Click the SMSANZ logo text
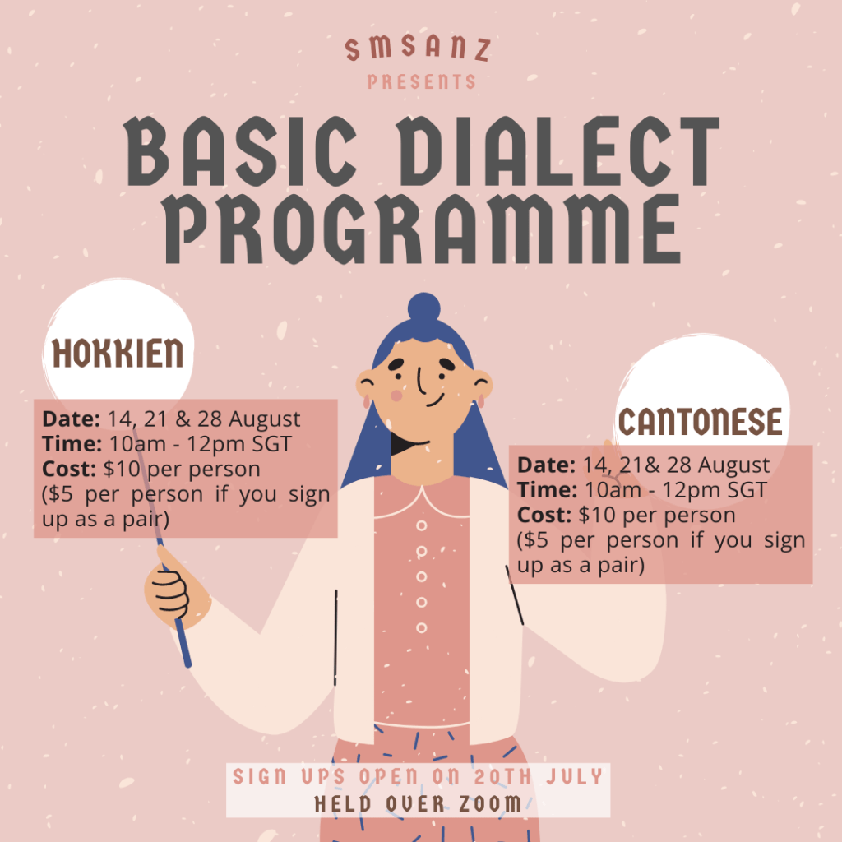(418, 49)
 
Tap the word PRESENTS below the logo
(422, 81)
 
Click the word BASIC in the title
(240, 151)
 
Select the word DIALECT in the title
(557, 151)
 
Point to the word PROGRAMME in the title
(422, 229)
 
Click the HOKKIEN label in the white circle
(118, 353)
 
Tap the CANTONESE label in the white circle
(701, 422)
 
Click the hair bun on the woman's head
(423, 308)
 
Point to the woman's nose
(422, 380)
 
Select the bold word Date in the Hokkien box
(71, 419)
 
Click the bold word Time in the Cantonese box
(547, 490)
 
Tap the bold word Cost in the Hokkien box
(69, 470)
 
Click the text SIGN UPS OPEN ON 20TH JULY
(418, 776)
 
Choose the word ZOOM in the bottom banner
(490, 804)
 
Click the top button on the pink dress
(422, 525)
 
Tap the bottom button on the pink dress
(422, 627)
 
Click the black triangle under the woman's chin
(405, 443)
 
